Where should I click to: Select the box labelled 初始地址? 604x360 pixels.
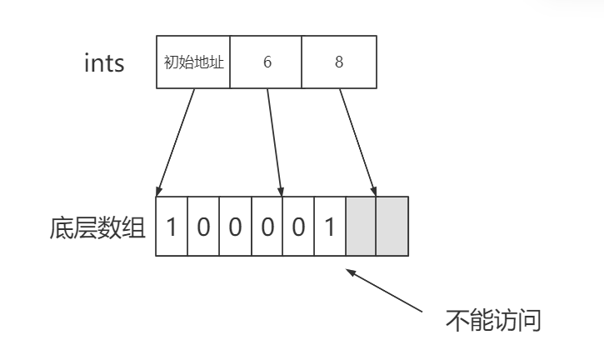coord(193,62)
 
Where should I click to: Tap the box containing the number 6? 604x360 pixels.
coord(267,62)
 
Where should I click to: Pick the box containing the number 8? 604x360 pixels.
coord(338,62)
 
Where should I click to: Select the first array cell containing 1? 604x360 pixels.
coord(172,227)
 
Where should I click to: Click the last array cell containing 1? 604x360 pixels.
coord(329,227)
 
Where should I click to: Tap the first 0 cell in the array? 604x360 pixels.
coord(203,227)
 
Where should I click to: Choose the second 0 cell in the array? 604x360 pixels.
coord(235,227)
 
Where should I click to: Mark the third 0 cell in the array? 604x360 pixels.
coord(267,227)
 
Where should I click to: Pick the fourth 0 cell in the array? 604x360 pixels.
coord(297,227)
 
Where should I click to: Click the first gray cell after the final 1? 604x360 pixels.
coord(361,227)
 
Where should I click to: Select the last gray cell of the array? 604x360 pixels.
coord(392,227)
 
